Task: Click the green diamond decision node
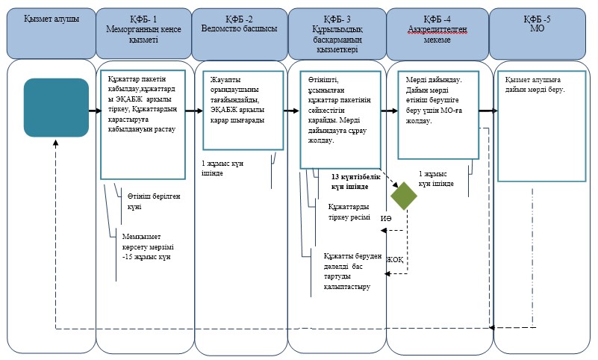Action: click(x=404, y=196)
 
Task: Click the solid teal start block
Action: click(x=57, y=108)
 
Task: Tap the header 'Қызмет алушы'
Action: click(x=52, y=19)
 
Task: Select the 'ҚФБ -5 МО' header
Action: click(x=537, y=24)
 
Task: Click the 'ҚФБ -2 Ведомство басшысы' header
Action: click(x=239, y=24)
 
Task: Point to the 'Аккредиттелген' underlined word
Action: click(x=437, y=29)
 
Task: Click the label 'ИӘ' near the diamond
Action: click(x=386, y=219)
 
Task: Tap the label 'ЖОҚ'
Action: click(x=395, y=260)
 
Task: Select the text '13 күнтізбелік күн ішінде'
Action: click(x=355, y=182)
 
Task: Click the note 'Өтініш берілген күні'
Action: click(x=154, y=202)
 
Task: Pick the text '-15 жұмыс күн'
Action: click(x=146, y=257)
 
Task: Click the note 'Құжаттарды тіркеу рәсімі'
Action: click(x=349, y=212)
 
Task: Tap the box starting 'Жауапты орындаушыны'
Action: click(x=243, y=111)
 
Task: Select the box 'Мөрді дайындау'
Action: click(x=438, y=115)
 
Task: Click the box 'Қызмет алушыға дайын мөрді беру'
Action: click(x=541, y=126)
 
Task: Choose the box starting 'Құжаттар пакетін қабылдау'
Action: click(x=143, y=124)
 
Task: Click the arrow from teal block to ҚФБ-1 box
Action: click(x=96, y=111)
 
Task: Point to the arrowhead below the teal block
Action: click(x=56, y=143)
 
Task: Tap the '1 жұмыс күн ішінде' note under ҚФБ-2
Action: click(x=222, y=168)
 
